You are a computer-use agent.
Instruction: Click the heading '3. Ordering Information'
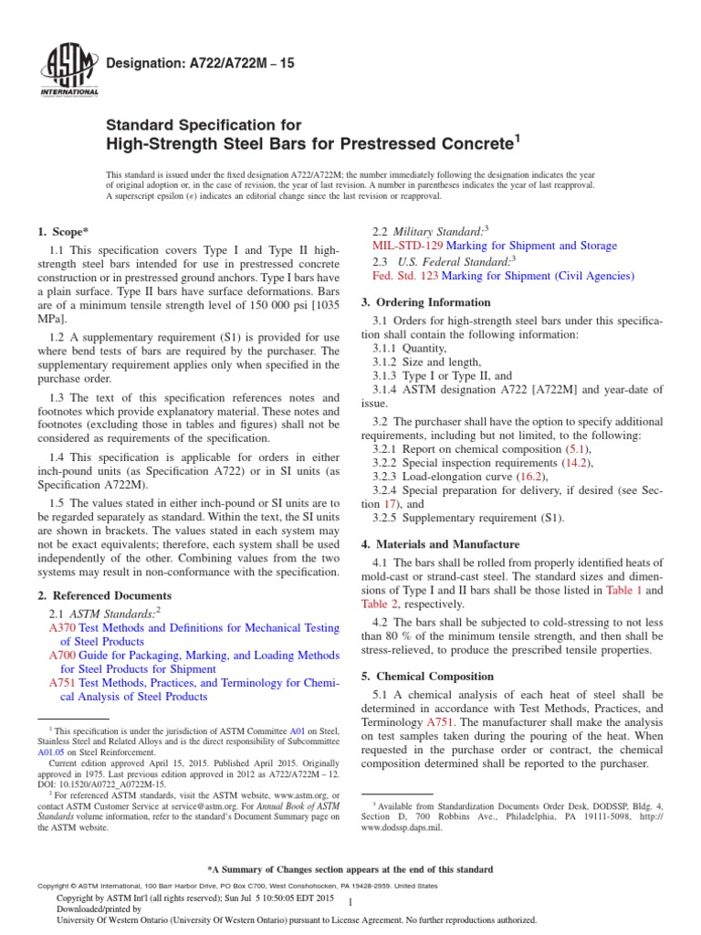pos(426,301)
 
